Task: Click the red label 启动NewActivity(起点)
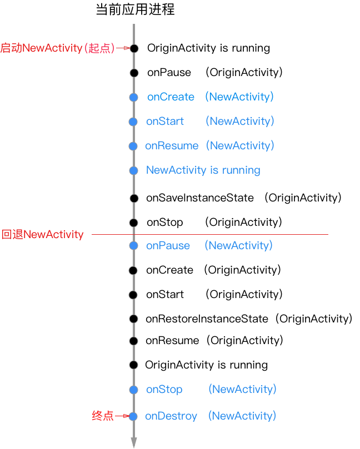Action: (x=57, y=48)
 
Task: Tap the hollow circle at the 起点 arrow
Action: (x=134, y=48)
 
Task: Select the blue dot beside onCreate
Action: (x=133, y=97)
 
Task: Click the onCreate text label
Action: (x=171, y=97)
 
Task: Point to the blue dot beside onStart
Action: (x=133, y=122)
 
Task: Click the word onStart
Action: (x=165, y=122)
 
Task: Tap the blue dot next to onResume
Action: (x=133, y=146)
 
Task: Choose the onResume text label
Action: (x=172, y=146)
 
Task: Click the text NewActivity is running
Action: (x=203, y=170)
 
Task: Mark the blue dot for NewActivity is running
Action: (x=133, y=170)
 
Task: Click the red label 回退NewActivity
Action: (x=42, y=234)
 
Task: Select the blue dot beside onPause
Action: (x=133, y=246)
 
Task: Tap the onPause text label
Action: (x=168, y=246)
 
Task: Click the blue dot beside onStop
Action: (x=133, y=390)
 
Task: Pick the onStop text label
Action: (x=164, y=390)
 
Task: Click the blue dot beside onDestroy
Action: (x=133, y=416)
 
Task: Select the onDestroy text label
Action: (x=171, y=416)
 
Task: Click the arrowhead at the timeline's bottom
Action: (x=134, y=442)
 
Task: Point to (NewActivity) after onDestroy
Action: (x=242, y=416)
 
